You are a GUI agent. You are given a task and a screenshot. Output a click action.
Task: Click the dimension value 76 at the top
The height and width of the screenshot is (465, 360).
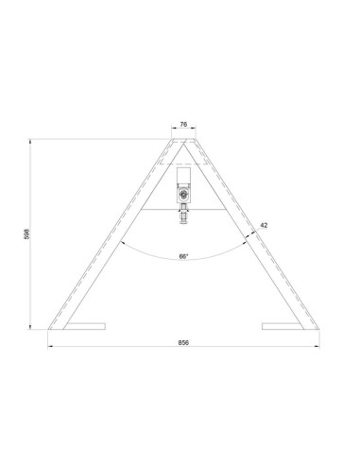click(183, 123)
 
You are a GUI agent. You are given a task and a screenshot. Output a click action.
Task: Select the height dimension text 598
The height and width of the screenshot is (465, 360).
click(26, 233)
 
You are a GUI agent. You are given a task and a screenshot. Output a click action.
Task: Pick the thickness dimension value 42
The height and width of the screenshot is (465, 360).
click(265, 225)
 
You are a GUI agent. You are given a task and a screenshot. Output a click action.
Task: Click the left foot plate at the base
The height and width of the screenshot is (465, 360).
click(81, 327)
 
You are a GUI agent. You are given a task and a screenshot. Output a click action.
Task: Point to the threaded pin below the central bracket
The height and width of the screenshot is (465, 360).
click(183, 215)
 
